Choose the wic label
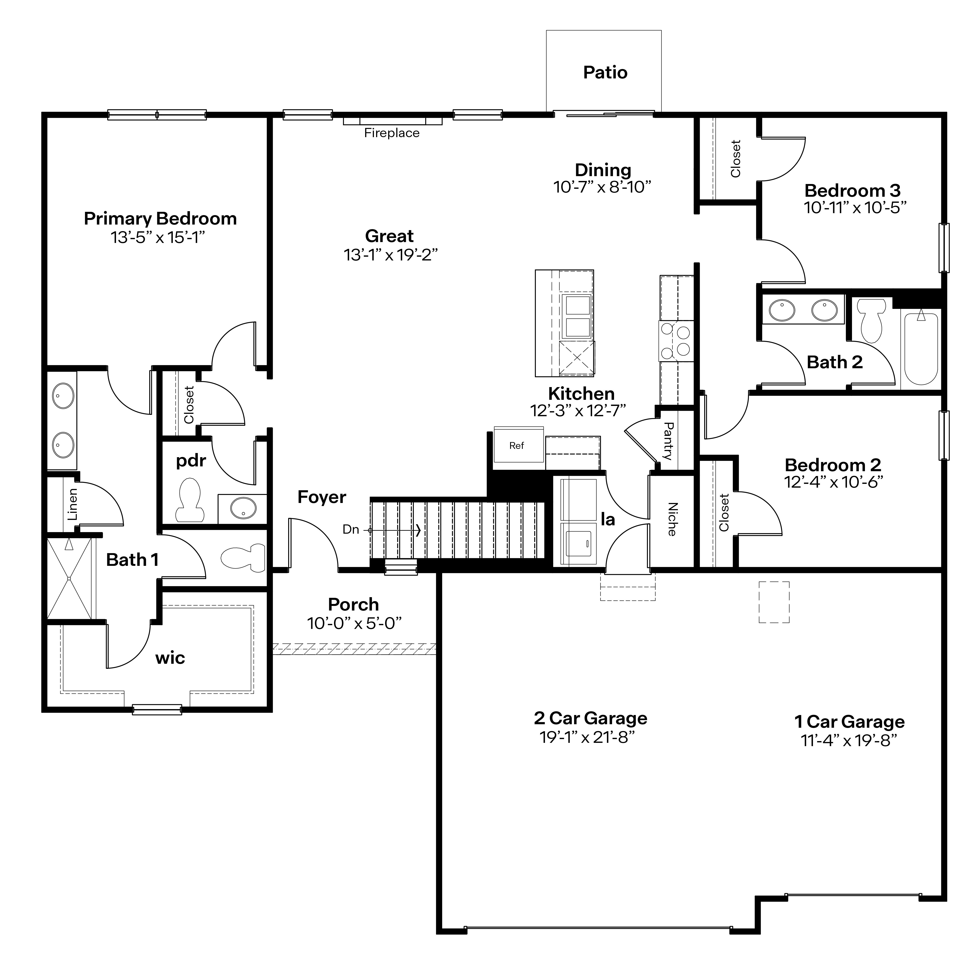[x=170, y=658]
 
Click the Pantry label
[x=668, y=441]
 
